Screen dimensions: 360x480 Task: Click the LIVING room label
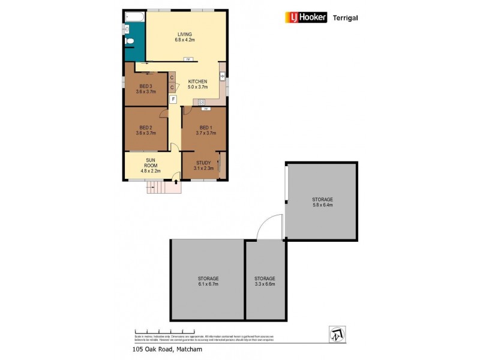point(184,37)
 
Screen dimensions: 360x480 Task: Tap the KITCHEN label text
point(197,84)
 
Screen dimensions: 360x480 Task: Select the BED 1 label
point(205,130)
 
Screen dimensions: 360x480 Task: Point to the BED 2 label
point(146,130)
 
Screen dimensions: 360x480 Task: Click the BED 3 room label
point(146,89)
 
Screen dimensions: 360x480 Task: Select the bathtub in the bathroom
point(134,17)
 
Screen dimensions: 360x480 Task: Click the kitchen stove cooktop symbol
point(202,102)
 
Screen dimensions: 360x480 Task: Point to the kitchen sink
point(222,76)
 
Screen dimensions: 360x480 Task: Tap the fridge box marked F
point(173,99)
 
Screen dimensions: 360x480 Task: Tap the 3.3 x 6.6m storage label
point(264,281)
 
